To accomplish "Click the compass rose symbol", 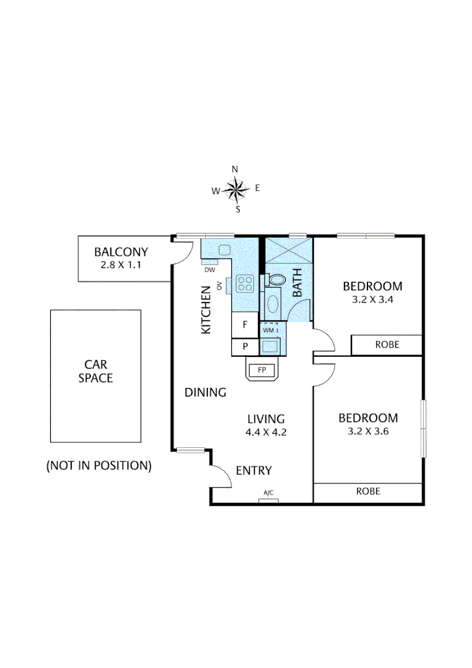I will click(x=236, y=189).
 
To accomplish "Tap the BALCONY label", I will click(x=121, y=252).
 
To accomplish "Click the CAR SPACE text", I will click(x=95, y=370).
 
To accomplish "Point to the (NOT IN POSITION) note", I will click(x=99, y=466).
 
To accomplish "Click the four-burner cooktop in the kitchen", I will click(x=245, y=284).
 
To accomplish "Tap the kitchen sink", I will click(x=224, y=250).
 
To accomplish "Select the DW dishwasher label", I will click(x=208, y=270).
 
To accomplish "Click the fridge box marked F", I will click(x=245, y=324).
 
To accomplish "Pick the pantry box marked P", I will click(x=245, y=346).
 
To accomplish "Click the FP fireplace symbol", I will click(x=262, y=370).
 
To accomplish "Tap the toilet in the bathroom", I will click(x=275, y=280).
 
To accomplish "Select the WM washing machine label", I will click(x=269, y=330).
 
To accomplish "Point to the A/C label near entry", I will click(x=268, y=493).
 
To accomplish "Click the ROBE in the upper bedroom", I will click(x=387, y=345).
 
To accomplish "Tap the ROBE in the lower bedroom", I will click(x=368, y=492).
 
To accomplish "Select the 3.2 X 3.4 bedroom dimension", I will click(x=372, y=301).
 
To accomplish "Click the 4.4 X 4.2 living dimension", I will click(x=265, y=432).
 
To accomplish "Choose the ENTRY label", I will click(x=254, y=471).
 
